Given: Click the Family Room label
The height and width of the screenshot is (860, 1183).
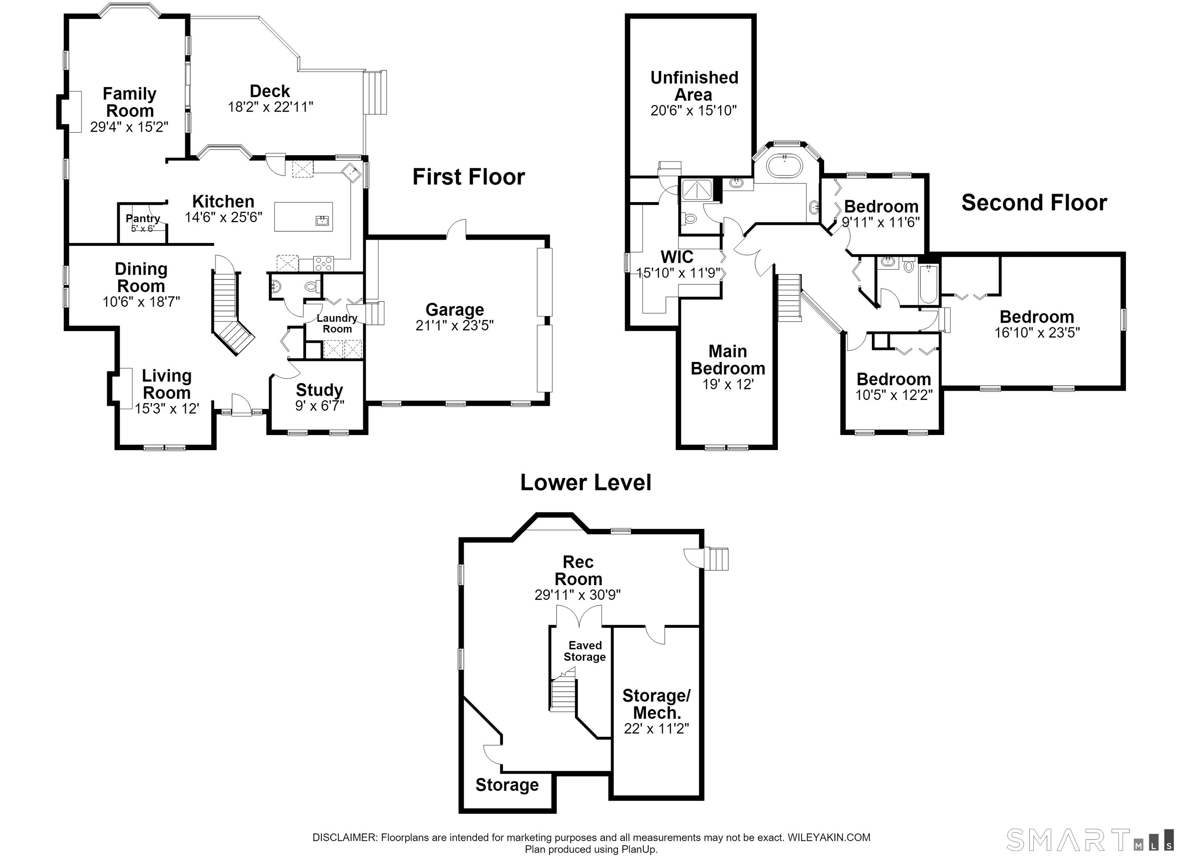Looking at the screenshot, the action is (x=129, y=102).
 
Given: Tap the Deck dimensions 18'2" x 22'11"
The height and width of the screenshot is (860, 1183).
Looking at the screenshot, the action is (x=270, y=107).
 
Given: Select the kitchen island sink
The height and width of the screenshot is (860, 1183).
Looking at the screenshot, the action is (x=323, y=221).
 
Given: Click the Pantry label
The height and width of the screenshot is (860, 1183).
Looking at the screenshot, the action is (x=143, y=219).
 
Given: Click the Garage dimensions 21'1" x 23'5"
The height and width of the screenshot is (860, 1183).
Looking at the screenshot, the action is (x=454, y=325).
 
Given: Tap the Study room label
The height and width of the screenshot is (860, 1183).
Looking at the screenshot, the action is (x=319, y=390).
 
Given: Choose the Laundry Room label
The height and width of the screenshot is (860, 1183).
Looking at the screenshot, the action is (x=337, y=323).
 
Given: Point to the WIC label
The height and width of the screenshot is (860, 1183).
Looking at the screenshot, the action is (x=677, y=257).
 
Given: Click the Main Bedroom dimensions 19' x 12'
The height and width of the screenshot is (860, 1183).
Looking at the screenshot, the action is (x=728, y=384).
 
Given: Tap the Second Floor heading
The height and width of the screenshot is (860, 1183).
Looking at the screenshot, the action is (x=1034, y=202).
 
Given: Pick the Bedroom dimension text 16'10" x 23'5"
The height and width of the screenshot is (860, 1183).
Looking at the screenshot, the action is (x=1037, y=333).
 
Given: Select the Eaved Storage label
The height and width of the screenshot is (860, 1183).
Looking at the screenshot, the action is (x=585, y=651).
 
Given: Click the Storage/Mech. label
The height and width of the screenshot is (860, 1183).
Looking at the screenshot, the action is (x=657, y=704).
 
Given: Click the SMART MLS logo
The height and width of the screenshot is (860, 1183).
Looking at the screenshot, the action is (x=1090, y=840).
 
